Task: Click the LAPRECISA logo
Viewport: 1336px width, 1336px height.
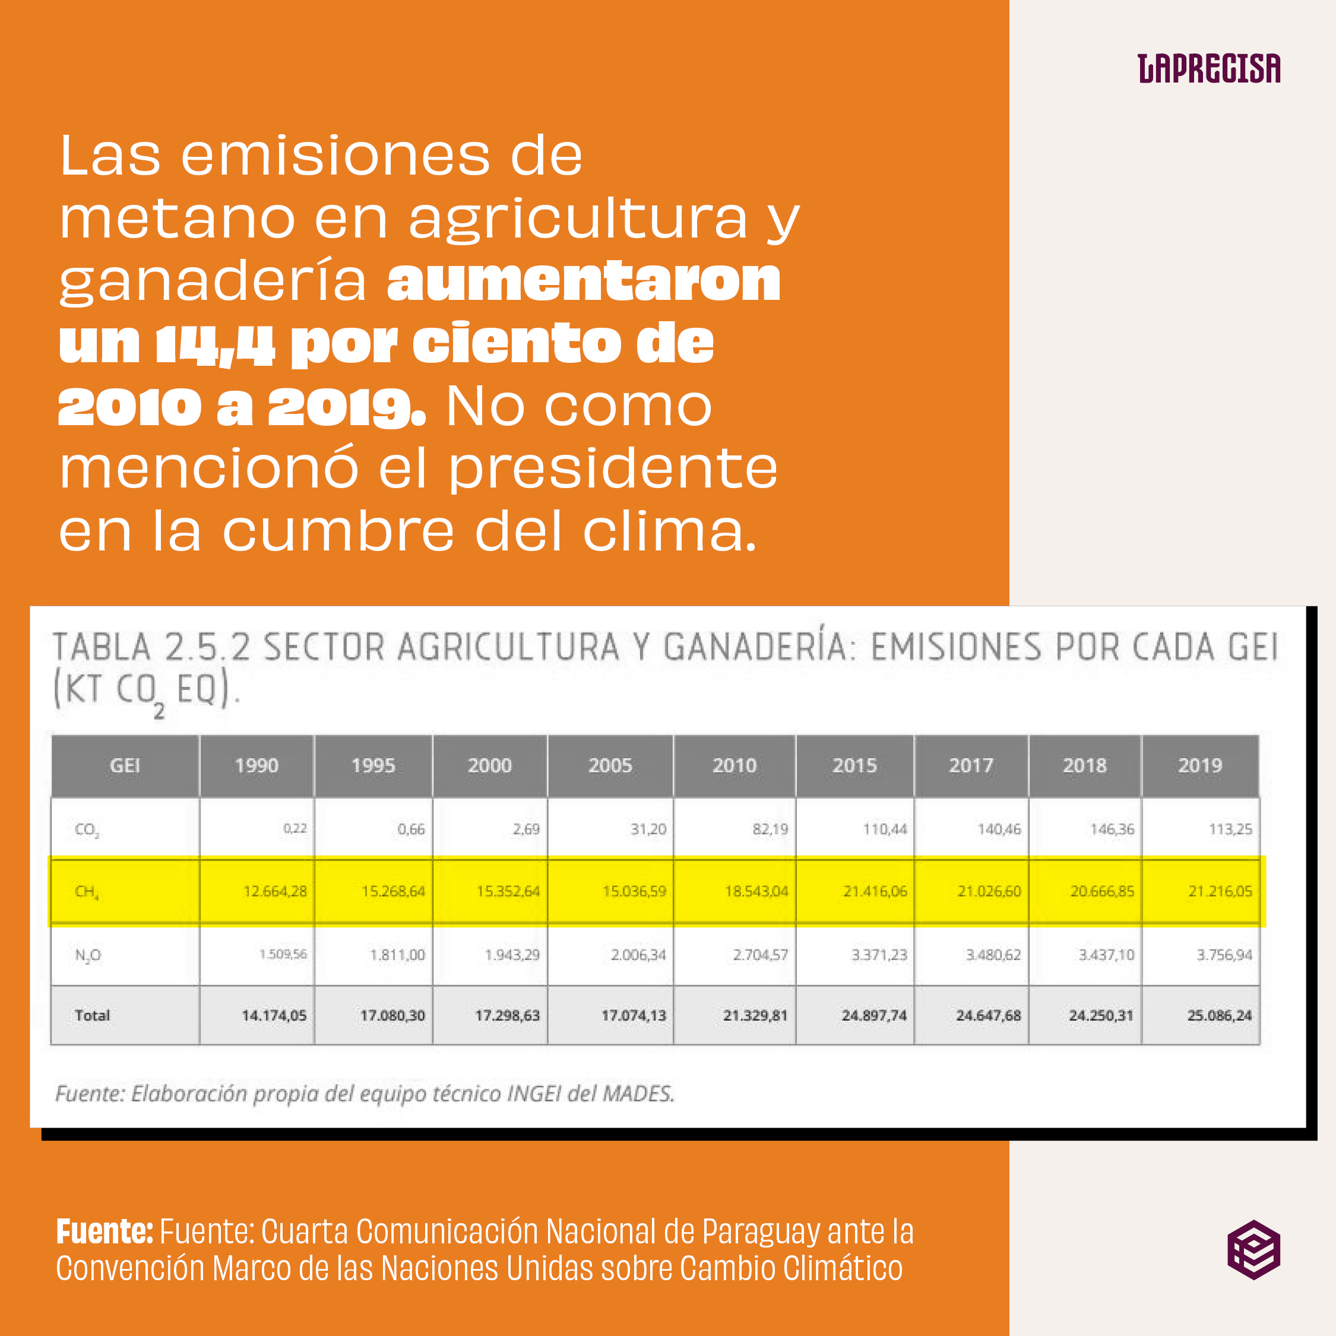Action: (x=1209, y=69)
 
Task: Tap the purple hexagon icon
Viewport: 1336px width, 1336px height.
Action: (x=1253, y=1249)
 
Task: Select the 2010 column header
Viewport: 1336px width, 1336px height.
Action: (x=735, y=765)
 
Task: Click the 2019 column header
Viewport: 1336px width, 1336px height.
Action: (x=1200, y=765)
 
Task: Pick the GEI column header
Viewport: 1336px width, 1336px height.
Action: (x=125, y=765)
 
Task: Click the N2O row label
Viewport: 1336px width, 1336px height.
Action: (x=88, y=955)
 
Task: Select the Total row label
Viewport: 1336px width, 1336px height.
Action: (x=93, y=1015)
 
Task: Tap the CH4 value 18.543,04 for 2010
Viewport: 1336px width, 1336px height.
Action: (x=756, y=891)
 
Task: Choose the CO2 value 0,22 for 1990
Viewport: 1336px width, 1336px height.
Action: (x=295, y=828)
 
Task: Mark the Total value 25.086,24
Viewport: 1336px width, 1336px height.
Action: (x=1219, y=1015)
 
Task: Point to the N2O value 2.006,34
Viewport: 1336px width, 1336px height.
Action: (x=638, y=955)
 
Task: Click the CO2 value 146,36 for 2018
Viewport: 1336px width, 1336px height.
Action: (x=1112, y=828)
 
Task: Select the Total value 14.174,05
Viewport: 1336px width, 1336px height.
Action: (x=274, y=1015)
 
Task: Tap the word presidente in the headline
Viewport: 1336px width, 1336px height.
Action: (x=613, y=470)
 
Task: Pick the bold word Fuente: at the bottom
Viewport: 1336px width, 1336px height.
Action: (x=105, y=1231)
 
